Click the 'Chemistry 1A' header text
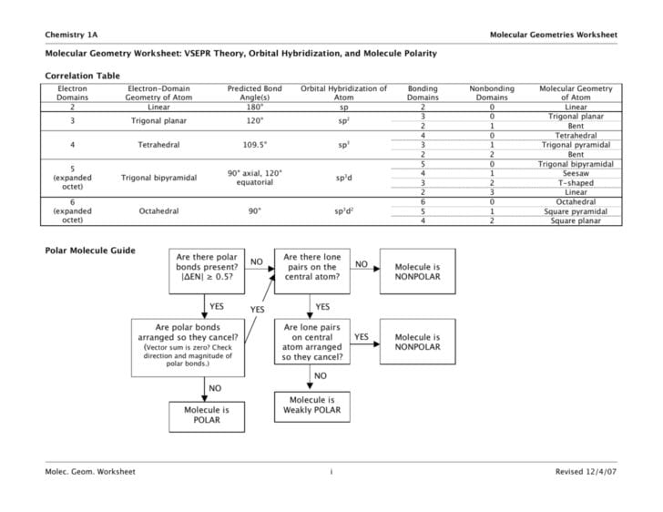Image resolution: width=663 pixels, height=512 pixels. pos(72,34)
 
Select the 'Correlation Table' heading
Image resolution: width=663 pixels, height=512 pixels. pos(82,76)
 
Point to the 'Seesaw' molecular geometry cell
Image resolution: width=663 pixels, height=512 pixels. pos(575,173)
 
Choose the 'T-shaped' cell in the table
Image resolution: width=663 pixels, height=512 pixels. pos(575,182)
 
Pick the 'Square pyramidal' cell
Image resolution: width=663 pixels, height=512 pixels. pos(575,211)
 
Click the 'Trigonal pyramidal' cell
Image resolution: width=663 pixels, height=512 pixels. pos(575,144)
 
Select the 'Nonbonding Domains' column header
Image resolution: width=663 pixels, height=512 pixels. pos(492,93)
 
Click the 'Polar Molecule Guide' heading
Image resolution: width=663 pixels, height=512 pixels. pos(89,251)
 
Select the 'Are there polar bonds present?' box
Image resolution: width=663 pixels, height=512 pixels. pos(207,270)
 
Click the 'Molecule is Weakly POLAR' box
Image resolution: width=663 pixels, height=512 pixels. pos(313,405)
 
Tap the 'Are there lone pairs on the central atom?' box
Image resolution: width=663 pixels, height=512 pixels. pos(313,270)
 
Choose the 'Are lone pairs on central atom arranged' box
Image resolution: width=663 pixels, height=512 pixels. pos(313,343)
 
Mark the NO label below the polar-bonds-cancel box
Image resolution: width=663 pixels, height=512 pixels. pos(216,387)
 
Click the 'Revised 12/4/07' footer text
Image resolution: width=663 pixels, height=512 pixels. pos(586,472)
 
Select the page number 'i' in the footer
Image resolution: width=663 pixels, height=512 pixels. pos(331,472)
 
